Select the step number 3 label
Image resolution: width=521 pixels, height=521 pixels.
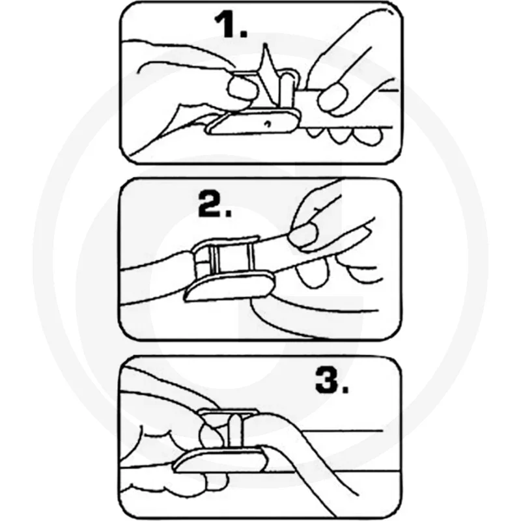tap(331, 381)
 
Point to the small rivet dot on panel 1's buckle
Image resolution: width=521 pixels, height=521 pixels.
tap(266, 122)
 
